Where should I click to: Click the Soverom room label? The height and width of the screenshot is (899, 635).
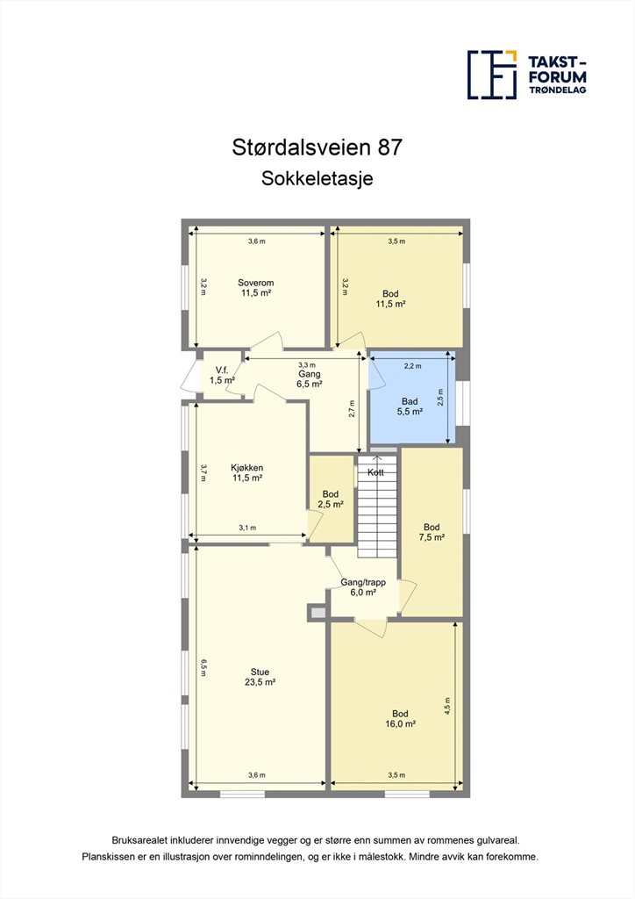(256, 287)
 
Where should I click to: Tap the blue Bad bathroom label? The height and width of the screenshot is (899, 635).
(410, 406)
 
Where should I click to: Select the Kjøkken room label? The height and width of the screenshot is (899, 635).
(247, 472)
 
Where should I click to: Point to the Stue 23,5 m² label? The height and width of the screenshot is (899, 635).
(260, 677)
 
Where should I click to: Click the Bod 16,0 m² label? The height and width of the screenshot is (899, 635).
(400, 719)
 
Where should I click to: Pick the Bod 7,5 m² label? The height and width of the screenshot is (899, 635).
(432, 532)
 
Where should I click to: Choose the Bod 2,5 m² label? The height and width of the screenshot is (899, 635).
(331, 500)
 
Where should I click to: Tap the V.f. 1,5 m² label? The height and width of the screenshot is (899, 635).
(222, 375)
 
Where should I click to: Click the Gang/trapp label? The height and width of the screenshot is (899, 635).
(363, 582)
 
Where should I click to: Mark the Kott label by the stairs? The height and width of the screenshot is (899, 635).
(375, 472)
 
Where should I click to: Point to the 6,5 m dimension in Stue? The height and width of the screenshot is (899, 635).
(203, 667)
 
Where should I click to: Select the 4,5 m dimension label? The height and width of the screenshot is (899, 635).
(448, 706)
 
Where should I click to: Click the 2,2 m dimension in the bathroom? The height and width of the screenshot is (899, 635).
(412, 366)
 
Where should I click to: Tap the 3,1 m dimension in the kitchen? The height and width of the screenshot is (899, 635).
(247, 528)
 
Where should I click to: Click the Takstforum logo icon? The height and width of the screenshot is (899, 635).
(492, 75)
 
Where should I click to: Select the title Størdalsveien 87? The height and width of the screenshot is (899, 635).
(317, 147)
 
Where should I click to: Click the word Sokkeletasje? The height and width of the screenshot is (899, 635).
(317, 178)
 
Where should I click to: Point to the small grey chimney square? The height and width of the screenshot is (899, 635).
(317, 613)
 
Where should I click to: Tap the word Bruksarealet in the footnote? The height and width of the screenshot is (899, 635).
(139, 840)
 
